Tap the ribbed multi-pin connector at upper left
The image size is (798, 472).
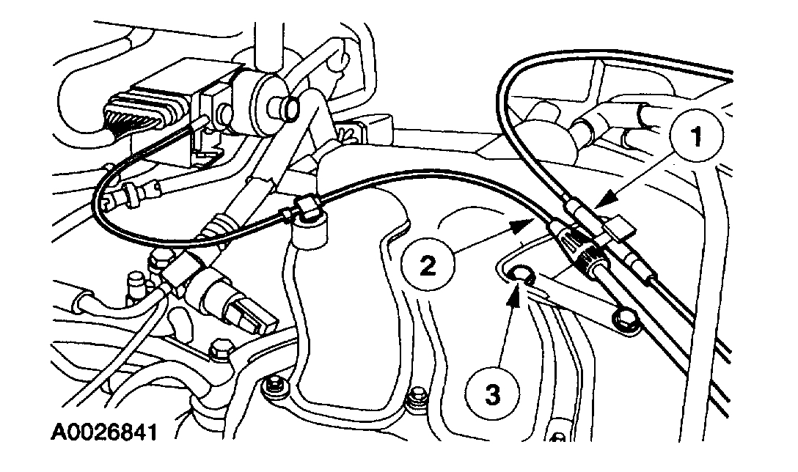tap(135, 114)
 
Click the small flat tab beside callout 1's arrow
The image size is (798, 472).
tap(621, 229)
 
